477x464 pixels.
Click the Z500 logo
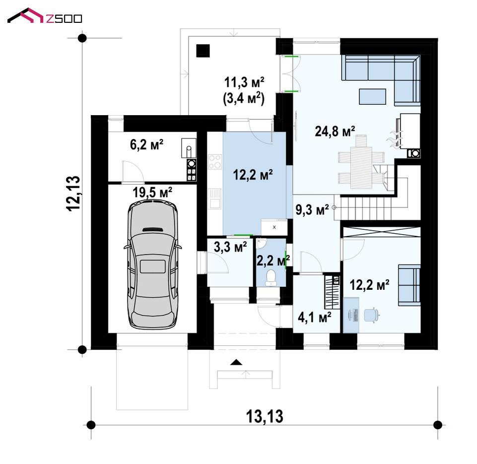coord(45,15)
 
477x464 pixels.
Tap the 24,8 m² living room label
coord(335,132)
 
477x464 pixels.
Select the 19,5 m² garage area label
coord(152,192)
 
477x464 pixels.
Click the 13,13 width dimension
coord(265,416)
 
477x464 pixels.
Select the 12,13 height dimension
coord(73,194)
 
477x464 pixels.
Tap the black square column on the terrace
coord(203,51)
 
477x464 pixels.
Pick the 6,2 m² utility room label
coord(146,144)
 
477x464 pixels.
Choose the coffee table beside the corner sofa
coord(372,97)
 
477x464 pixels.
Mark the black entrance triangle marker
coord(236,362)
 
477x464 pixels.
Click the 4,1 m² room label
coord(315,318)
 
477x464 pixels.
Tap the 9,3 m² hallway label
coord(312,209)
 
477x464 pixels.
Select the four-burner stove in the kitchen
coord(215,162)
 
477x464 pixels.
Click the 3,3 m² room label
coord(230,247)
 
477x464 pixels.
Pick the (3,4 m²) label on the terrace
coord(244,99)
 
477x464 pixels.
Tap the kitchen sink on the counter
coord(215,199)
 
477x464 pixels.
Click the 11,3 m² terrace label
coord(244,82)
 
